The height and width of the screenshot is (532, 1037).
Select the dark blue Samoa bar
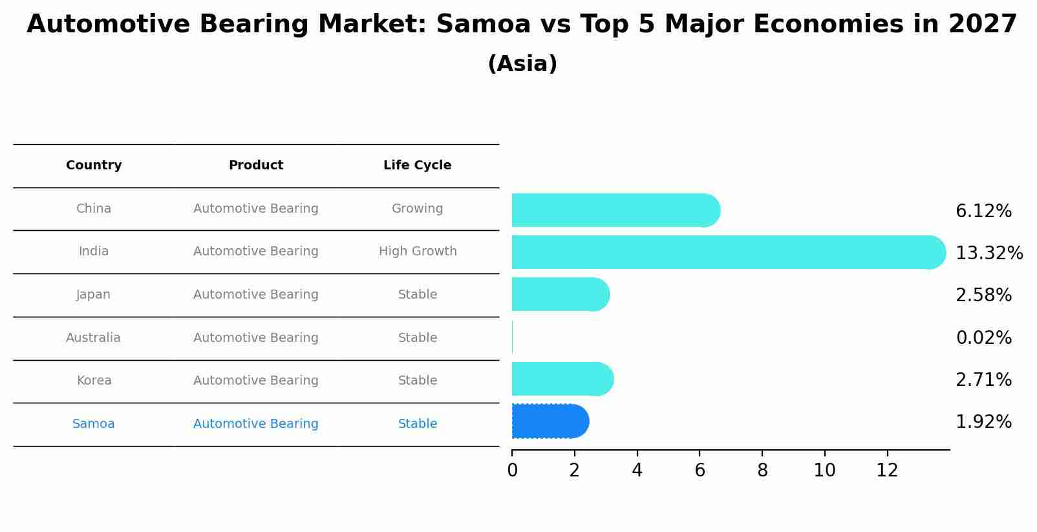[550, 421]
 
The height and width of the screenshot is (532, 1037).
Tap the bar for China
[614, 210]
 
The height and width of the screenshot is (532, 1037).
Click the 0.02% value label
[983, 337]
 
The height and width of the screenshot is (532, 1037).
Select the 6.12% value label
[983, 211]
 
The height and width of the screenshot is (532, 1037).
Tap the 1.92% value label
[983, 421]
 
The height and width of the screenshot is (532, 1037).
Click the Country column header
[94, 165]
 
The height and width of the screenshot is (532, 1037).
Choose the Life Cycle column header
[417, 165]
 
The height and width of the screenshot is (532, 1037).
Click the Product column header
[256, 165]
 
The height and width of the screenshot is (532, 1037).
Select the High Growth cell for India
[418, 251]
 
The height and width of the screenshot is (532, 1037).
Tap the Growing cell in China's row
[417, 209]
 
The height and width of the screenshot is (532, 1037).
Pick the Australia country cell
[93, 337]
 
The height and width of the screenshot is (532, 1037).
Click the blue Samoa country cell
[94, 424]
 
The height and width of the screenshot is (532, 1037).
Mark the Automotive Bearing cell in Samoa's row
[256, 424]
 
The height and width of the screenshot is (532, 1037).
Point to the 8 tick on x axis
[762, 471]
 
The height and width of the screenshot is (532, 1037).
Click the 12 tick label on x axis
[887, 471]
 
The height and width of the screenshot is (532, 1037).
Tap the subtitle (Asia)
[522, 64]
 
